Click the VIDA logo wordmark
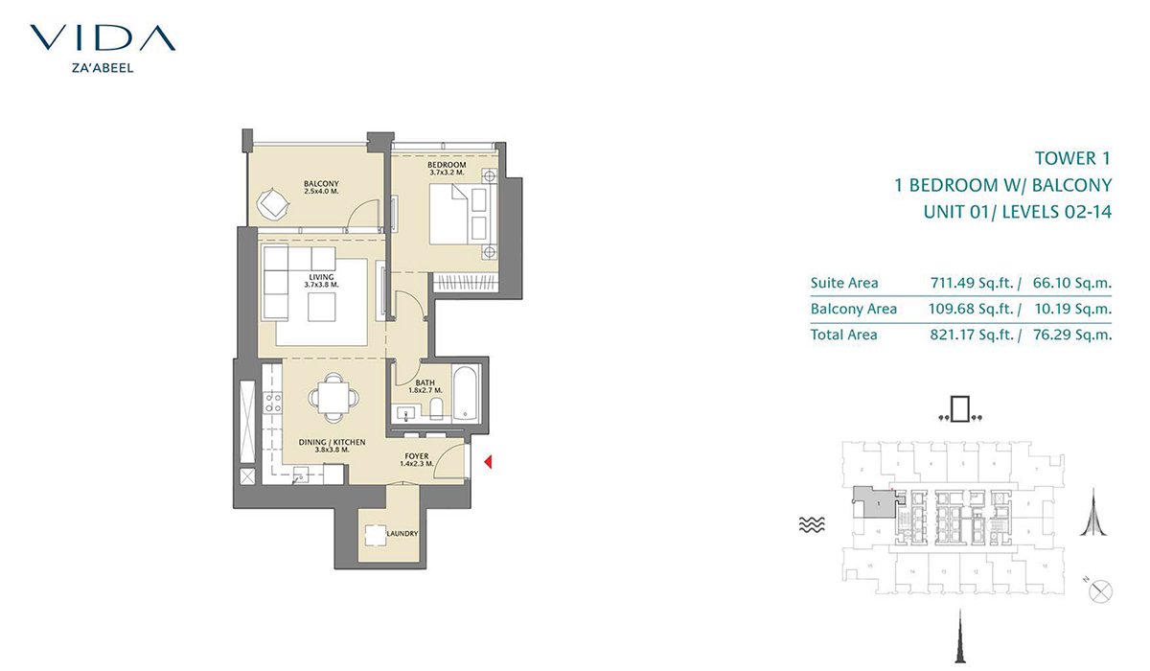tap(103, 37)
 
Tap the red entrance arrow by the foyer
tap(488, 464)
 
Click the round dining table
tap(333, 396)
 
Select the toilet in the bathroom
tap(437, 411)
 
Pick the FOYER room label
tap(417, 456)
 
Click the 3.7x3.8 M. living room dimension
tap(321, 286)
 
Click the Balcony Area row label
tap(853, 309)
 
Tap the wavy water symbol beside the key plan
tap(811, 524)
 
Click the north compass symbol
tap(1101, 590)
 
